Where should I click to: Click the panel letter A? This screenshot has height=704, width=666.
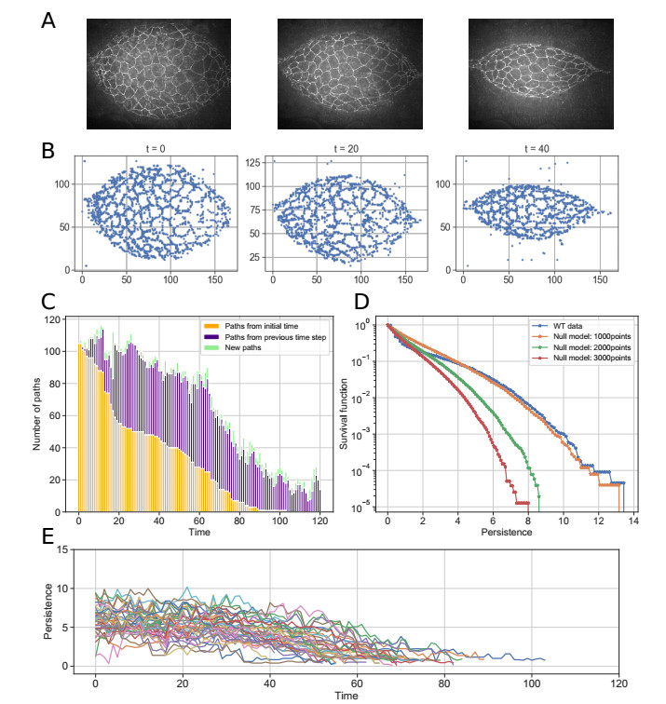tap(50, 19)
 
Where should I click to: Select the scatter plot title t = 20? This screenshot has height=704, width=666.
tap(343, 148)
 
